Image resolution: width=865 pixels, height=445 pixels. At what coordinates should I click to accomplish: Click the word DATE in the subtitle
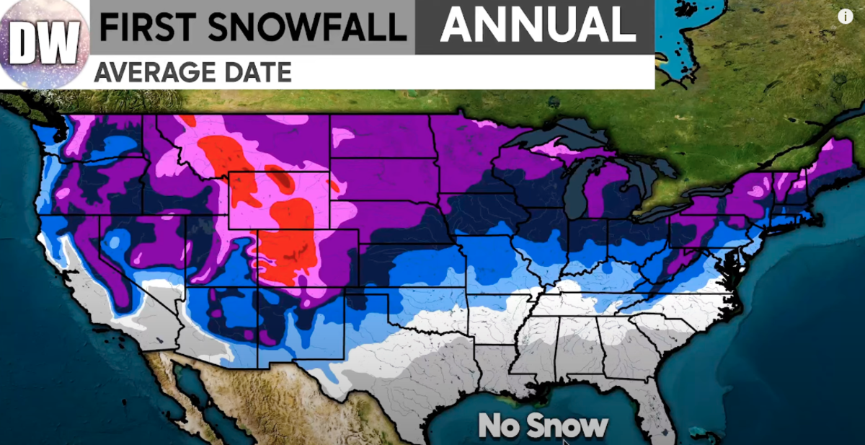(x=256, y=72)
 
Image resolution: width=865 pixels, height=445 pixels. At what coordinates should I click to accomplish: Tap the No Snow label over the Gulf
(x=544, y=426)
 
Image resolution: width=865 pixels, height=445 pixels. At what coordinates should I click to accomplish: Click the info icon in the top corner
(x=846, y=17)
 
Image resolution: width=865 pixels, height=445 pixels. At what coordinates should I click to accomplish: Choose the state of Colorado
(x=303, y=260)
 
